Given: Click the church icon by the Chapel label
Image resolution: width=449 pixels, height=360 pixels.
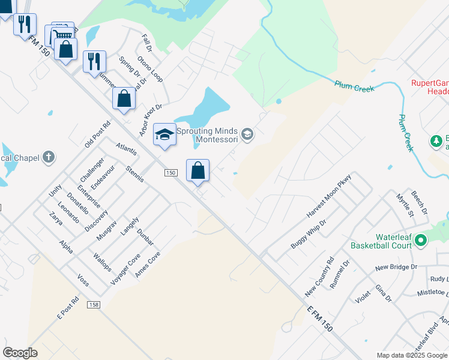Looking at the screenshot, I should pyautogui.click(x=49, y=158).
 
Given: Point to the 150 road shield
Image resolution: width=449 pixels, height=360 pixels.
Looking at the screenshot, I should pyautogui.click(x=171, y=173).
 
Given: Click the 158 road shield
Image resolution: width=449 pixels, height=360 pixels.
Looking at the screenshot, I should pyautogui.click(x=93, y=305).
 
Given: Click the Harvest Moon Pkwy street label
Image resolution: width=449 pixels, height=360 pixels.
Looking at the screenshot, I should pyautogui.click(x=328, y=197).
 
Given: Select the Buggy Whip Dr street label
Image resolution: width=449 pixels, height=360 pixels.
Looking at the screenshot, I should pyautogui.click(x=308, y=234).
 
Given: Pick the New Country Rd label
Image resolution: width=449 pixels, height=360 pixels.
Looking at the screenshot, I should pyautogui.click(x=319, y=278).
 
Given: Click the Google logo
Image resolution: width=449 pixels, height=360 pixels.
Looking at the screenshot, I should pyautogui.click(x=20, y=353).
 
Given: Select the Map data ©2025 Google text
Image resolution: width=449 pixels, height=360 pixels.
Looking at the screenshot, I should pyautogui.click(x=412, y=355).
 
